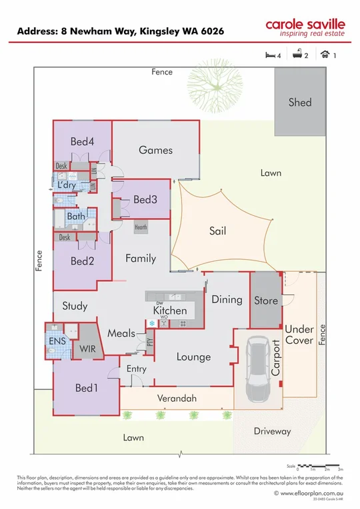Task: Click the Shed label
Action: pos(299,103)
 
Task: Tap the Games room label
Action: pos(155,150)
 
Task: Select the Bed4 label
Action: pos(83,141)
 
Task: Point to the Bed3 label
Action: pos(145,199)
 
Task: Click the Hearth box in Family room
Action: pos(141,227)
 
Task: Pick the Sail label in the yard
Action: pos(217,231)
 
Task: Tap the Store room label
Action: pos(266,300)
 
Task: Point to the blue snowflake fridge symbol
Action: pos(151,324)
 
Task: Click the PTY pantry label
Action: pos(149,344)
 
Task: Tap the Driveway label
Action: pos(272,431)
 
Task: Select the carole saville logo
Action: pos(305,27)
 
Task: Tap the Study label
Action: pos(75,306)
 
